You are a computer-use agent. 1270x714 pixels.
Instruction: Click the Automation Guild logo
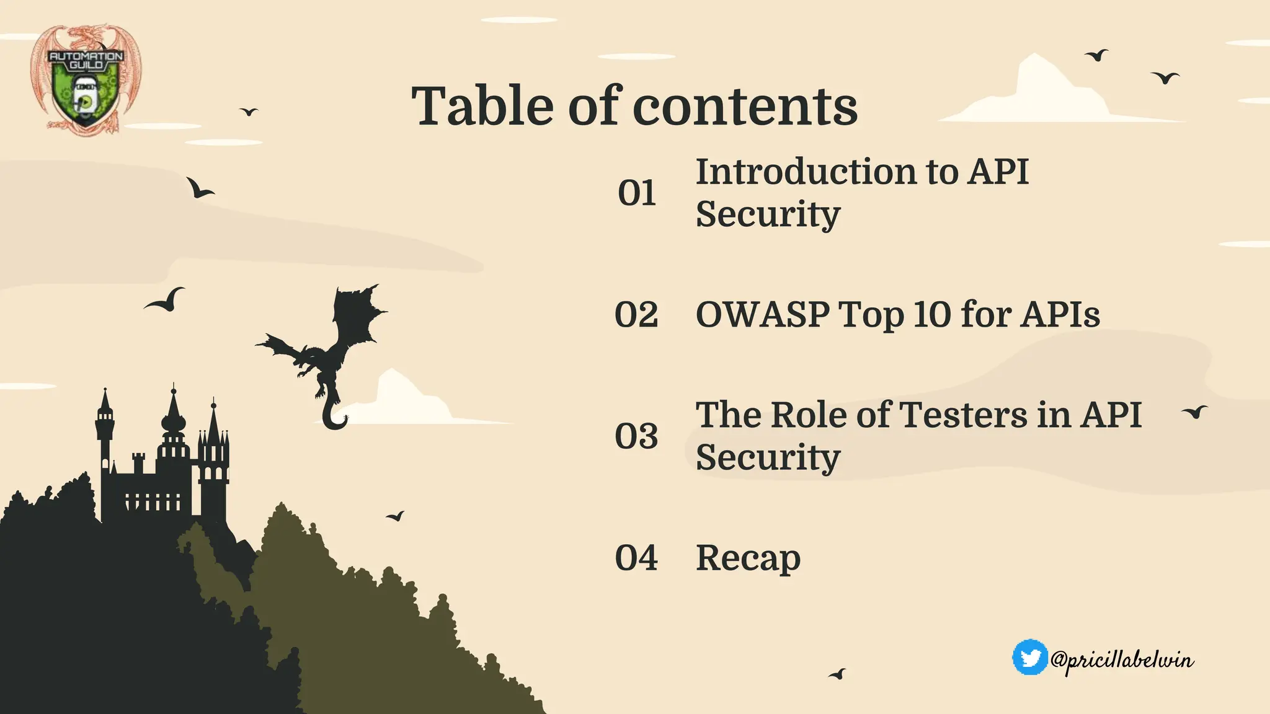click(86, 79)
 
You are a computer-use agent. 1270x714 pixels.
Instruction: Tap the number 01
click(637, 193)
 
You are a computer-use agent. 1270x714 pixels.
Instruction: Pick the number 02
click(636, 314)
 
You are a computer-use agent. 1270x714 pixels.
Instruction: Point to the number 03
click(636, 436)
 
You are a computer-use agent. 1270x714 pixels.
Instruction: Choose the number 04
click(636, 557)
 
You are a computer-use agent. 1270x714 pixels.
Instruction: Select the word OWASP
click(762, 314)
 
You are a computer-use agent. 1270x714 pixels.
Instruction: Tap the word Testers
click(962, 415)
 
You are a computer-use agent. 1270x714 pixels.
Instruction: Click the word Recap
click(748, 558)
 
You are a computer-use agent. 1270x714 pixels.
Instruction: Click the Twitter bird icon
click(1030, 658)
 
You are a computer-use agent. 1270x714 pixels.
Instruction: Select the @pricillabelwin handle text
click(1122, 660)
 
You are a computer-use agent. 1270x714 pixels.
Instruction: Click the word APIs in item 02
click(1060, 314)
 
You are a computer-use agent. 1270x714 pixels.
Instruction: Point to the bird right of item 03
click(1195, 412)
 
